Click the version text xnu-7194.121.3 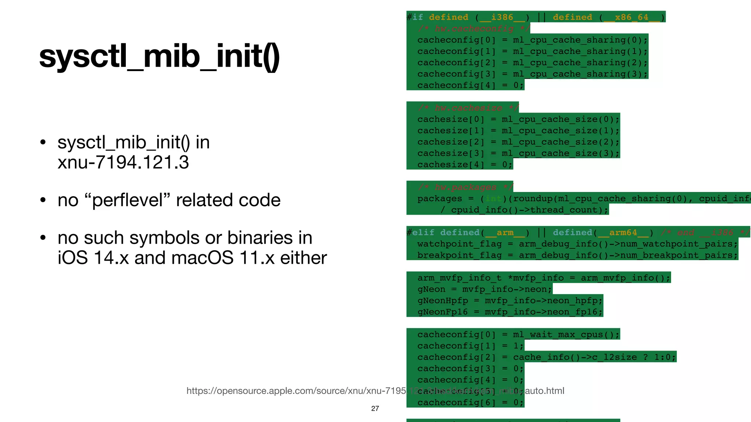[123, 162]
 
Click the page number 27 [375, 408]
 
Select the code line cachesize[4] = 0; [465, 165]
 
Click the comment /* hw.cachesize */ [468, 108]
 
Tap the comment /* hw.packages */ [465, 187]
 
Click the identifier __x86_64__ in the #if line [631, 17]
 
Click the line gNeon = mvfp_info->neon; [484, 289]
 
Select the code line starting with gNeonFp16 [510, 312]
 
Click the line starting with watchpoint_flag [577, 244]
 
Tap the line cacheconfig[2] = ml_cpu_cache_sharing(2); [532, 63]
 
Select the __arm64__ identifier [623, 233]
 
